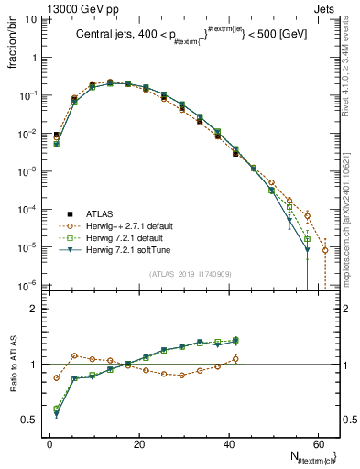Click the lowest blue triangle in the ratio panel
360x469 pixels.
pos(57,415)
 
